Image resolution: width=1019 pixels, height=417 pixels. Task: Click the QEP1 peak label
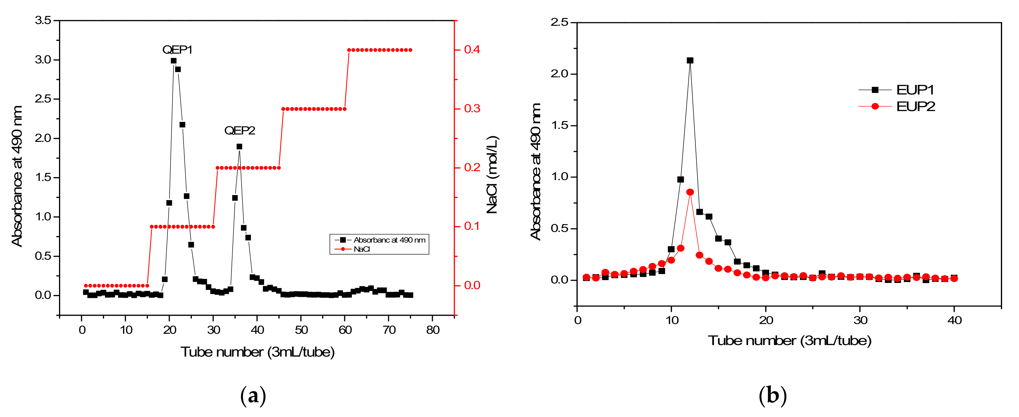point(177,50)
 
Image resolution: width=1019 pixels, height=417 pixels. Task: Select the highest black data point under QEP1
point(173,61)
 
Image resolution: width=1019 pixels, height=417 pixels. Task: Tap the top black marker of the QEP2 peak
point(239,147)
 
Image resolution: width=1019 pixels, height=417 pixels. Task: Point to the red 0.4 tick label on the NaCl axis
point(472,50)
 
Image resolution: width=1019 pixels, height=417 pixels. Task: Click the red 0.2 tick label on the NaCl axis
point(472,168)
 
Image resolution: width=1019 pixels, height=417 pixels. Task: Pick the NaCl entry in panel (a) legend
point(361,249)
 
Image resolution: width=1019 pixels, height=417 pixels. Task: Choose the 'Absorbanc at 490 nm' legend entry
point(389,240)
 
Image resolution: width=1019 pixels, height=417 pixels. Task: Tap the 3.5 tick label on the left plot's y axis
point(43,20)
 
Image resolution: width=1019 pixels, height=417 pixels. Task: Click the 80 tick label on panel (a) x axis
point(433,330)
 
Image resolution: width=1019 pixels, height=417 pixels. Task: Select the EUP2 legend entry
point(915,107)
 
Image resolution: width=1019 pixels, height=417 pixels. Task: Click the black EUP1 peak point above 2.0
point(690,60)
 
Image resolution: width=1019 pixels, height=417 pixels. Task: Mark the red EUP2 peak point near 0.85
point(690,192)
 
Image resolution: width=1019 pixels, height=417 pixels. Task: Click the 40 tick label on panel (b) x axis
point(954,320)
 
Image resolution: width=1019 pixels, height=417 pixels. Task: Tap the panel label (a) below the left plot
point(253,396)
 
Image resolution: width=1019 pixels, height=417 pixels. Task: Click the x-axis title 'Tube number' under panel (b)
point(789,341)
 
